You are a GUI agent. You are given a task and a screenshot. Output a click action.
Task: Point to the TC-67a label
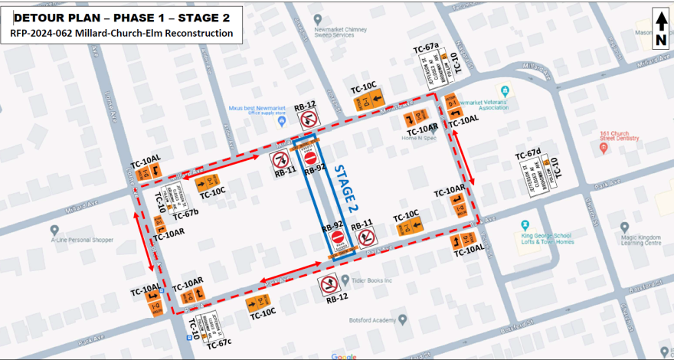(426, 47)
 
